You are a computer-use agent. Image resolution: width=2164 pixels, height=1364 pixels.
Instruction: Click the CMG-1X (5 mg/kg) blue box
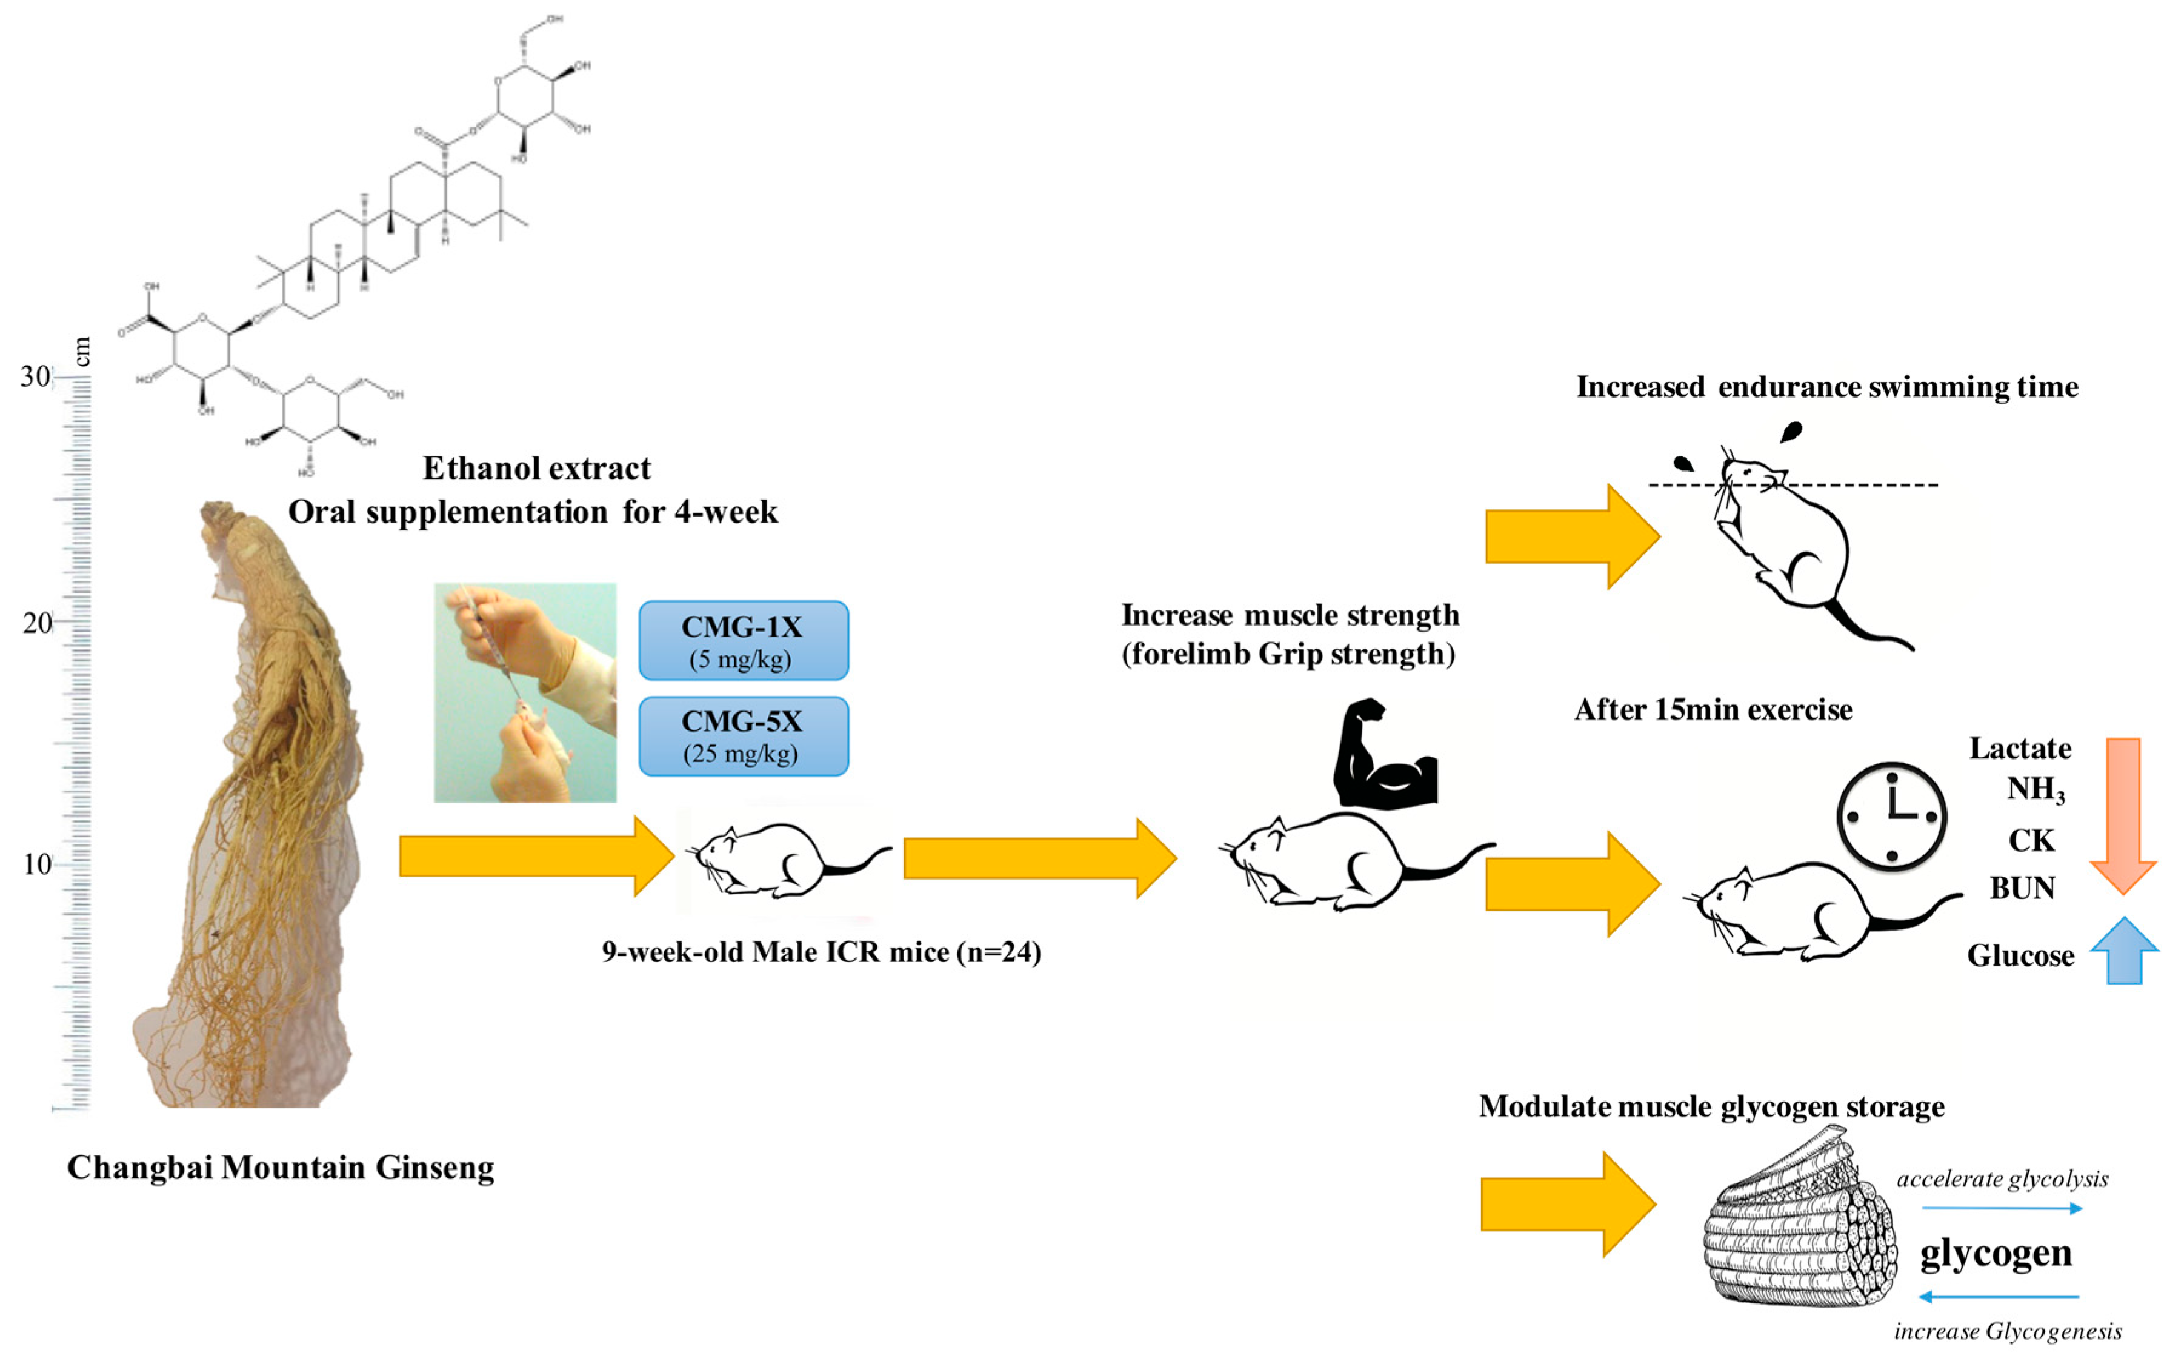tap(743, 640)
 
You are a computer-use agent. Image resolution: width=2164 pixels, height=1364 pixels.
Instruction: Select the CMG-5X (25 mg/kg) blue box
tap(743, 735)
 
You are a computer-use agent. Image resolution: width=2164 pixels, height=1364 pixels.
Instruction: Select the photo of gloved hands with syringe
tap(525, 692)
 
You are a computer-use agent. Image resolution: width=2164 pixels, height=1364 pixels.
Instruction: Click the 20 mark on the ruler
tap(38, 622)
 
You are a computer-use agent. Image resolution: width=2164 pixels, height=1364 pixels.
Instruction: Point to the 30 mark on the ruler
tap(36, 376)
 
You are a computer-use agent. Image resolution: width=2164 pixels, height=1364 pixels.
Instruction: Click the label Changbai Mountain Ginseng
tap(281, 1167)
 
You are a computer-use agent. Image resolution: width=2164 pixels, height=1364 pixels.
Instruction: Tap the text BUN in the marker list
tap(2022, 888)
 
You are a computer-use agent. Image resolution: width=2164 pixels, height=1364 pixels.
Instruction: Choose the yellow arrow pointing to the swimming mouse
tap(1571, 537)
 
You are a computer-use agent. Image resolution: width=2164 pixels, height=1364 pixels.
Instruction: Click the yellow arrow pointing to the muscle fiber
tap(1567, 1204)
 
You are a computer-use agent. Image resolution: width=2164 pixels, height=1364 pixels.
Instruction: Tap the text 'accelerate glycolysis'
tap(2002, 1178)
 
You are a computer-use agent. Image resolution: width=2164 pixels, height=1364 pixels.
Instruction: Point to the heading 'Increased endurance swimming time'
tap(1827, 387)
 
